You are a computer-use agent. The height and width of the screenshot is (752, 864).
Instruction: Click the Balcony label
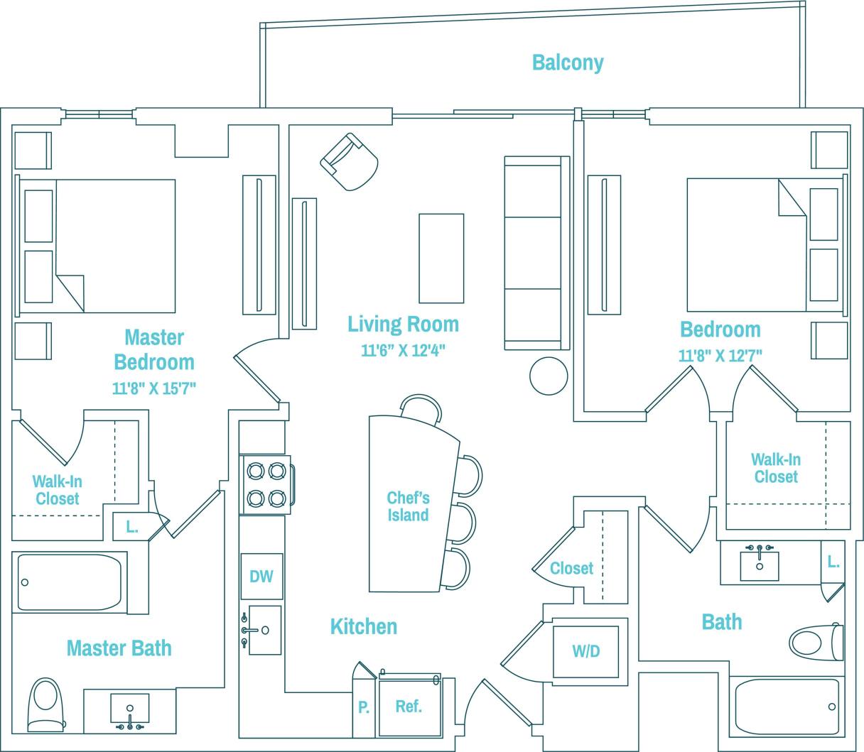point(568,62)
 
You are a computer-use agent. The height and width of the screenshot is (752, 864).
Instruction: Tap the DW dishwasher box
point(261,576)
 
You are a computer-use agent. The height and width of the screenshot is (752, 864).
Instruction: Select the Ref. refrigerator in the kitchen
point(409,707)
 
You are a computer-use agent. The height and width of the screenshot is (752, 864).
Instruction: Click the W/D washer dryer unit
point(586,651)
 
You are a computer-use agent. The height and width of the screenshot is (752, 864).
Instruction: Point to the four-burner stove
point(266,484)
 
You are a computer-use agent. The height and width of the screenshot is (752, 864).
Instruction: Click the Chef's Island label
point(408,506)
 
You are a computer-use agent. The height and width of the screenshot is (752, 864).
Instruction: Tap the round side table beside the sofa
point(549,376)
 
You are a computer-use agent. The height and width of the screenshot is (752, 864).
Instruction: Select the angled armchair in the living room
point(350,162)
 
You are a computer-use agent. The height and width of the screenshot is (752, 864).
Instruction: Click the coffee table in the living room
point(441,258)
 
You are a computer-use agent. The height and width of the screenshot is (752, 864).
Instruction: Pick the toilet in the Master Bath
point(46,703)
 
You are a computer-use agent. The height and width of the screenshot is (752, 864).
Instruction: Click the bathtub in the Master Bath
point(69,582)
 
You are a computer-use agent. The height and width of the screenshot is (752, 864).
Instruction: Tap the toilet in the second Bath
point(816,642)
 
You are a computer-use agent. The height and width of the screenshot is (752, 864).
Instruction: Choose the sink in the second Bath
point(760,565)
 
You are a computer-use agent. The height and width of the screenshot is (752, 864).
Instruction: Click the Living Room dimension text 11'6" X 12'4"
point(403,351)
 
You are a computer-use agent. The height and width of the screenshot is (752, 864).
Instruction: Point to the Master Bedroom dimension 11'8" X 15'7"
point(154,388)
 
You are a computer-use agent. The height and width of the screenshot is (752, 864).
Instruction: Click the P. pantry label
point(363,708)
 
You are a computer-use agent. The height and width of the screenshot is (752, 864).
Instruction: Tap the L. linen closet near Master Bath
point(132,527)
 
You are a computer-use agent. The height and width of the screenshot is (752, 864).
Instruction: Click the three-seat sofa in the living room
point(536,253)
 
